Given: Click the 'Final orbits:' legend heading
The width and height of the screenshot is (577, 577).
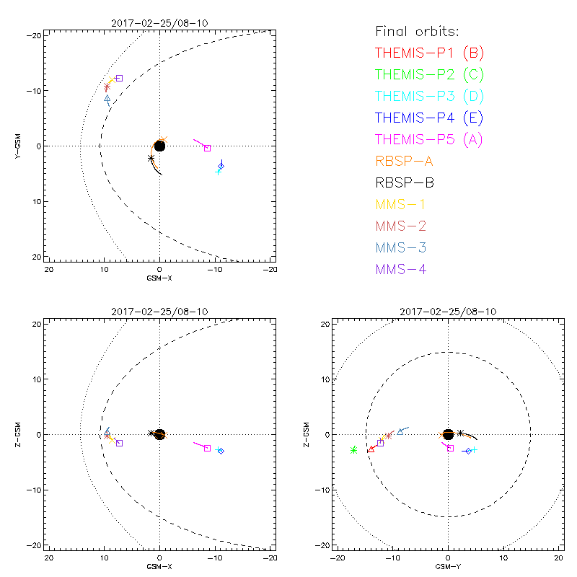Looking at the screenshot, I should [417, 32].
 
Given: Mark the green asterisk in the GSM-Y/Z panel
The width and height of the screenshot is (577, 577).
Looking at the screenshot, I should [354, 450].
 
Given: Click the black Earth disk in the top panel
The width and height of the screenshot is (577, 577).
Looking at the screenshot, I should [159, 146].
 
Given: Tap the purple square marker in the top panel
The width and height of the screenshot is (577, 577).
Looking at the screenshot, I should [119, 78].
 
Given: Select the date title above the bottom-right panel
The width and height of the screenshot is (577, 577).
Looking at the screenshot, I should [448, 312].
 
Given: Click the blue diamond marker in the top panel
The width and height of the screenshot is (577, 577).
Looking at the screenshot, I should [221, 166].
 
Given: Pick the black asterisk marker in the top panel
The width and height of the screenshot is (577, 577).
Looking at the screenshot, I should [151, 158].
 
